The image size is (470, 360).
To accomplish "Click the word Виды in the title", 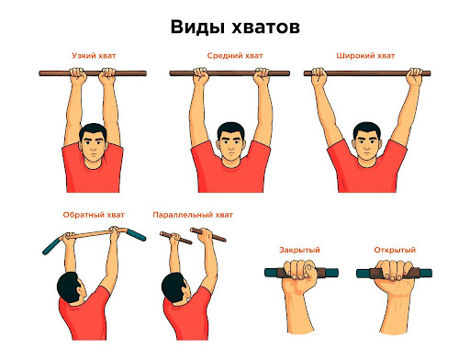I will [x=196, y=27].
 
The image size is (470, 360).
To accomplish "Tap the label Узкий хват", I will [x=93, y=55].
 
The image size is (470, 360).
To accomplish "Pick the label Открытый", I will [x=395, y=250].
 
